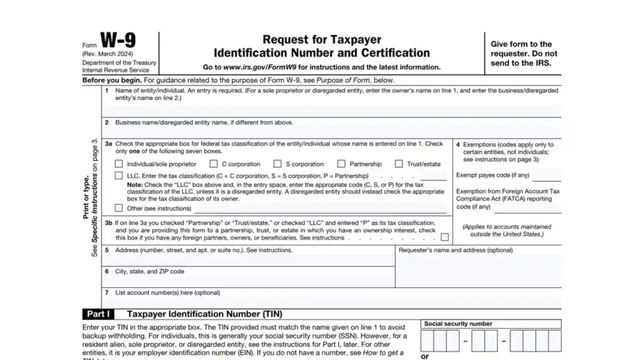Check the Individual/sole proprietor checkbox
point(119,164)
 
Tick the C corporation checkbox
point(214,164)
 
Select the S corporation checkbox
point(278,164)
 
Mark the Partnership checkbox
point(341,164)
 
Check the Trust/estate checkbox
point(399,164)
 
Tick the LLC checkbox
point(119,176)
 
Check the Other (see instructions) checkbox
point(119,208)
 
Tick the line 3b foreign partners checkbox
point(445,237)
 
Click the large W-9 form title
point(118,41)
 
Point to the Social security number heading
point(458,324)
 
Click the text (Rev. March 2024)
point(107,54)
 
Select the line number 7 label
point(107,293)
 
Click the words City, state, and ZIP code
point(149,271)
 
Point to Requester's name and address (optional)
point(455,250)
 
